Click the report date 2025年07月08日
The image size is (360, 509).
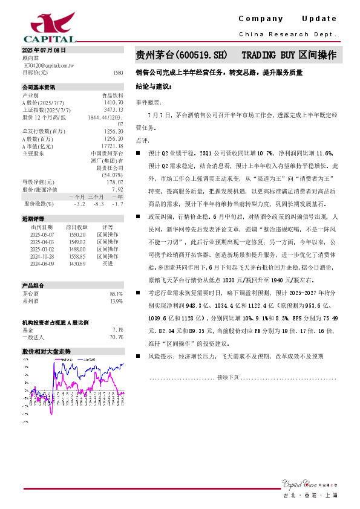pos(44,50)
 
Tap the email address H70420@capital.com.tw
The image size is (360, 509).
pos(48,64)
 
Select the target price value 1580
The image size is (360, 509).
pos(117,72)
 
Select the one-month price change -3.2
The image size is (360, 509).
pos(79,204)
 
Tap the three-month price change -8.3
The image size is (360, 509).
pos(98,204)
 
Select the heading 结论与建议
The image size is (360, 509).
pos(153,86)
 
